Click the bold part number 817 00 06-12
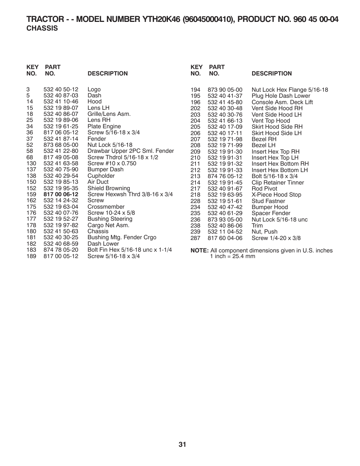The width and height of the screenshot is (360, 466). tap(61, 194)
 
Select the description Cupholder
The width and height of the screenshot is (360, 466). tap(101, 176)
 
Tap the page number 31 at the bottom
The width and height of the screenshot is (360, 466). tap(183, 444)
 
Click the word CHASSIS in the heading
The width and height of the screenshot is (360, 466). tap(42, 28)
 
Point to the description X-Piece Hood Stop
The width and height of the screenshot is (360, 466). tap(276, 195)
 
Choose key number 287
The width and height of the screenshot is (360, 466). tap(195, 238)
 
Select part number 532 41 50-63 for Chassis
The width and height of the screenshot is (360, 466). tap(61, 231)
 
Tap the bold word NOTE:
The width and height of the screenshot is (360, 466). tap(200, 251)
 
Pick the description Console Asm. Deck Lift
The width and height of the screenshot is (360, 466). tap(282, 102)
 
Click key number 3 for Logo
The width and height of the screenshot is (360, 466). tap(28, 89)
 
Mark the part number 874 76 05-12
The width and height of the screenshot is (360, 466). tap(225, 176)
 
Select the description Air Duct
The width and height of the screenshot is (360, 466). tap(98, 182)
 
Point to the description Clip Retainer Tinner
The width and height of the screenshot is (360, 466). tap(278, 183)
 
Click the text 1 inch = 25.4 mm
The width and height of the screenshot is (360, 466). tap(232, 257)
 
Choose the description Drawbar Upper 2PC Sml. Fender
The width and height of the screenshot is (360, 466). tap(131, 151)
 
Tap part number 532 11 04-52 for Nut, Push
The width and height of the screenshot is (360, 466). tap(225, 232)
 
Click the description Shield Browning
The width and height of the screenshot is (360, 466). tap(109, 188)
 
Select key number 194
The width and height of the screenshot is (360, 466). tap(195, 90)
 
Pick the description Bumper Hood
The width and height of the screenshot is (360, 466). tap(269, 207)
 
